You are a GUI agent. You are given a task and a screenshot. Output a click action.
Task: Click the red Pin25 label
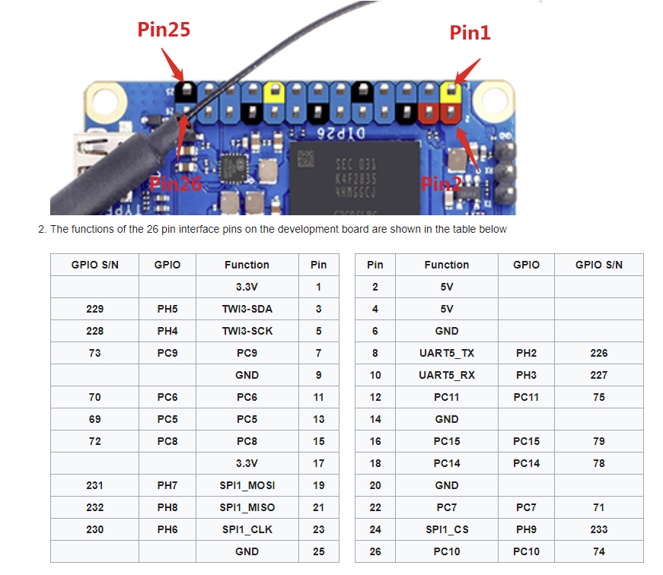click(164, 30)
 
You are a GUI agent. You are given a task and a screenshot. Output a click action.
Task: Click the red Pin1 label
click(470, 32)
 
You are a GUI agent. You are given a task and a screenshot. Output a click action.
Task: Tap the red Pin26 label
click(175, 183)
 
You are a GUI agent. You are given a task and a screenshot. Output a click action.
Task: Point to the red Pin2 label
click(441, 183)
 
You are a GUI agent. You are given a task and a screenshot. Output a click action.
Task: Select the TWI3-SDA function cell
click(247, 309)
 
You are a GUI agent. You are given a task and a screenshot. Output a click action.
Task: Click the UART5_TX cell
click(446, 353)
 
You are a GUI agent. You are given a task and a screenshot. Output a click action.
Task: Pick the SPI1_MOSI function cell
click(247, 485)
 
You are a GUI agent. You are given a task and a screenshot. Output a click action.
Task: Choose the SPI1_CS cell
click(446, 529)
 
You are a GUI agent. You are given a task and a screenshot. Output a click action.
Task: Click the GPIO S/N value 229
click(94, 309)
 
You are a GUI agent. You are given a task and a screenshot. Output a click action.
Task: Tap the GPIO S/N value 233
click(598, 529)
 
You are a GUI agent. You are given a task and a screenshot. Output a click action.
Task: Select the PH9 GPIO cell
click(526, 529)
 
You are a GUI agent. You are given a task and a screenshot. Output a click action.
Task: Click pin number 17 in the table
click(318, 463)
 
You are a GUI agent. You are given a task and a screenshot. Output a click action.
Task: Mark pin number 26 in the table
click(375, 551)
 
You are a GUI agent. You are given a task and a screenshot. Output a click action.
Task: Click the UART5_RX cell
click(446, 375)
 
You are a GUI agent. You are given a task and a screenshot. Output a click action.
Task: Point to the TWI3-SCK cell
click(247, 331)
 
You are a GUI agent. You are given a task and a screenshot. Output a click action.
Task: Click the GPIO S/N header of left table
click(94, 265)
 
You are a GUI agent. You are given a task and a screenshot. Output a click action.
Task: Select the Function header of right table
click(446, 265)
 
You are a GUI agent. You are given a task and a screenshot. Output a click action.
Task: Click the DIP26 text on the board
click(334, 132)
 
